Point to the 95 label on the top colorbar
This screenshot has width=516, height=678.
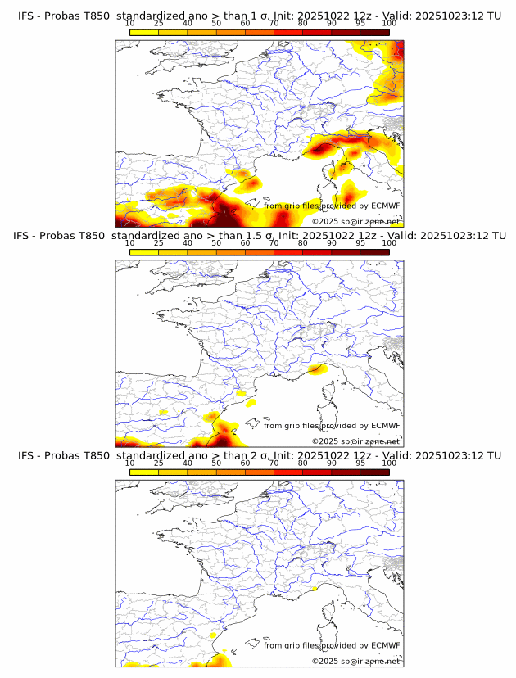pyautogui.click(x=360, y=23)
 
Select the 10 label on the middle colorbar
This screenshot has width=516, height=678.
pyautogui.click(x=130, y=242)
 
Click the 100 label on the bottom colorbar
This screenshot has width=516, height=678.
pyautogui.click(x=389, y=463)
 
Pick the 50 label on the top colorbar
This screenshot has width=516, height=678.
pyautogui.click(x=216, y=23)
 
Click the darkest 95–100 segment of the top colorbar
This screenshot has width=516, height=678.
pyautogui.click(x=374, y=32)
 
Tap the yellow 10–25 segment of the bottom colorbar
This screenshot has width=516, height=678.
pyautogui.click(x=144, y=472)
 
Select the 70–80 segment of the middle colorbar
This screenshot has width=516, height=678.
pyautogui.click(x=288, y=252)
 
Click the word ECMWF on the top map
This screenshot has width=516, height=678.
pyautogui.click(x=385, y=206)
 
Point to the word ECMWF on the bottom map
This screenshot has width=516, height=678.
pyautogui.click(x=385, y=645)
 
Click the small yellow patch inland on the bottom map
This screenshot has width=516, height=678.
pyautogui.click(x=213, y=635)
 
